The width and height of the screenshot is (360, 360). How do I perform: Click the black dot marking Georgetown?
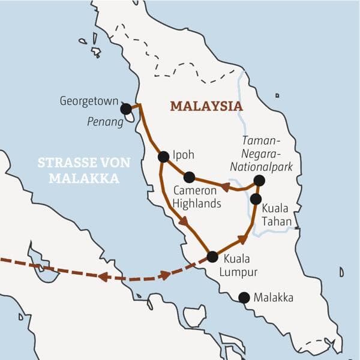point(126,109)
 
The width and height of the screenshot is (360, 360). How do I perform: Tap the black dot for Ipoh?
point(163,157)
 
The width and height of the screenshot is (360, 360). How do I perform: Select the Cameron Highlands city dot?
point(189,177)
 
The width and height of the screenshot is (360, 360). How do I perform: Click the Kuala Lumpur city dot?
point(212,257)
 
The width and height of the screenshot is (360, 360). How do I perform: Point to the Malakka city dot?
point(244,297)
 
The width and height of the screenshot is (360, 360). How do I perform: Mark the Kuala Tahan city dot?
point(256,199)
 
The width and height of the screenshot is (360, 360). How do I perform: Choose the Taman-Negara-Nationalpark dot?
point(259,181)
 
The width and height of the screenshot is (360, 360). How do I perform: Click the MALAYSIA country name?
point(206,106)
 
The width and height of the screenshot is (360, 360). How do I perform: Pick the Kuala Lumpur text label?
point(240,266)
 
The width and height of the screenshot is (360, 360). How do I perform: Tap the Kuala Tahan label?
point(277,215)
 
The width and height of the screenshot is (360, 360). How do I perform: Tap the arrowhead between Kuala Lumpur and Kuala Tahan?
point(242,239)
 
